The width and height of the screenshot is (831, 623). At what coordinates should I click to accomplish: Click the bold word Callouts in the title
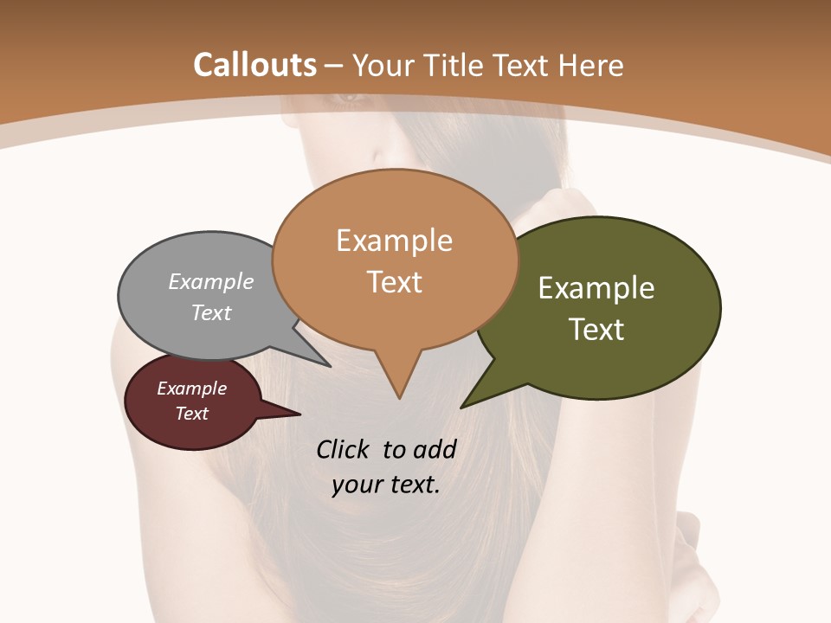coord(254,65)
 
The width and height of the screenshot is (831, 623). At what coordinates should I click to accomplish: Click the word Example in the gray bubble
coord(211,281)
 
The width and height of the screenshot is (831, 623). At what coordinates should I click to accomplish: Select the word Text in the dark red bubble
coord(192,414)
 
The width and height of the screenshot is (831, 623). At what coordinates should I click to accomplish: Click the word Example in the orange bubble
coord(394,241)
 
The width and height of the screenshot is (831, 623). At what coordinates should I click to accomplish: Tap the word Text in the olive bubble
coord(596,329)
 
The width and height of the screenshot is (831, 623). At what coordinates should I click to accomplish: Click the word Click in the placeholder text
coord(345,449)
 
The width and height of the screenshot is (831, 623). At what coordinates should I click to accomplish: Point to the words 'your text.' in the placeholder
coord(386,485)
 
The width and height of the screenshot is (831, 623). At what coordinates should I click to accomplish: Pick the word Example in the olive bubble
coord(596,288)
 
